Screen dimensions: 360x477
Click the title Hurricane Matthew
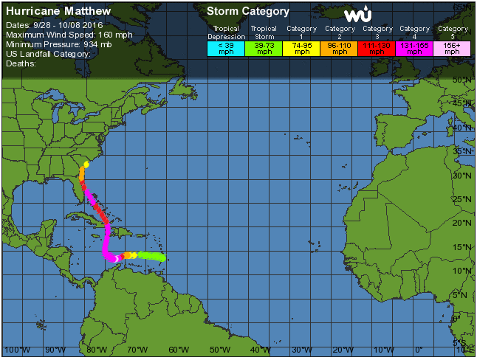point(58,12)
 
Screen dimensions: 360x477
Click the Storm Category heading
point(247,12)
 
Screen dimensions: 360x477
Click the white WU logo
point(358,15)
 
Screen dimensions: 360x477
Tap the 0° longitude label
point(419,350)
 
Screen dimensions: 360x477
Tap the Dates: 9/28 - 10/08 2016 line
point(54,25)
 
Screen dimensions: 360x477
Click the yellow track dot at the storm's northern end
point(86,164)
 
